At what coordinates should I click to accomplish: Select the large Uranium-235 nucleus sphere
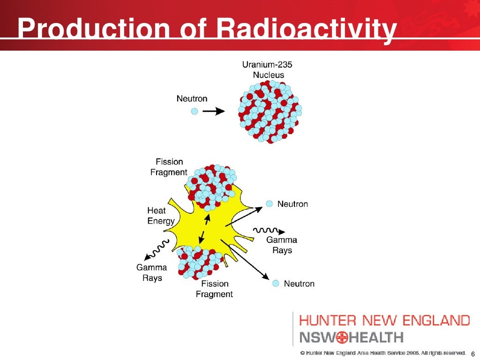[270, 111]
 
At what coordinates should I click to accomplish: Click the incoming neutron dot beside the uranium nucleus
[195, 112]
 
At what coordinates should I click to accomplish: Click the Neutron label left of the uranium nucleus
[192, 99]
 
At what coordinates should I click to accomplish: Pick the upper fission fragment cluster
[211, 187]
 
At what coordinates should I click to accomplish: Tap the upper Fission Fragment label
[169, 167]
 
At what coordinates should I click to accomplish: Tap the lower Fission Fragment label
[214, 289]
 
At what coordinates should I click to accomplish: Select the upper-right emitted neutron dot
[270, 204]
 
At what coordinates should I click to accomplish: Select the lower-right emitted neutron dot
[276, 284]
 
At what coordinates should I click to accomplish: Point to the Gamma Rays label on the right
[282, 245]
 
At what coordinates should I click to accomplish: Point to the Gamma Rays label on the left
[151, 272]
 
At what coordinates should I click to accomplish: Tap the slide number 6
[472, 353]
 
